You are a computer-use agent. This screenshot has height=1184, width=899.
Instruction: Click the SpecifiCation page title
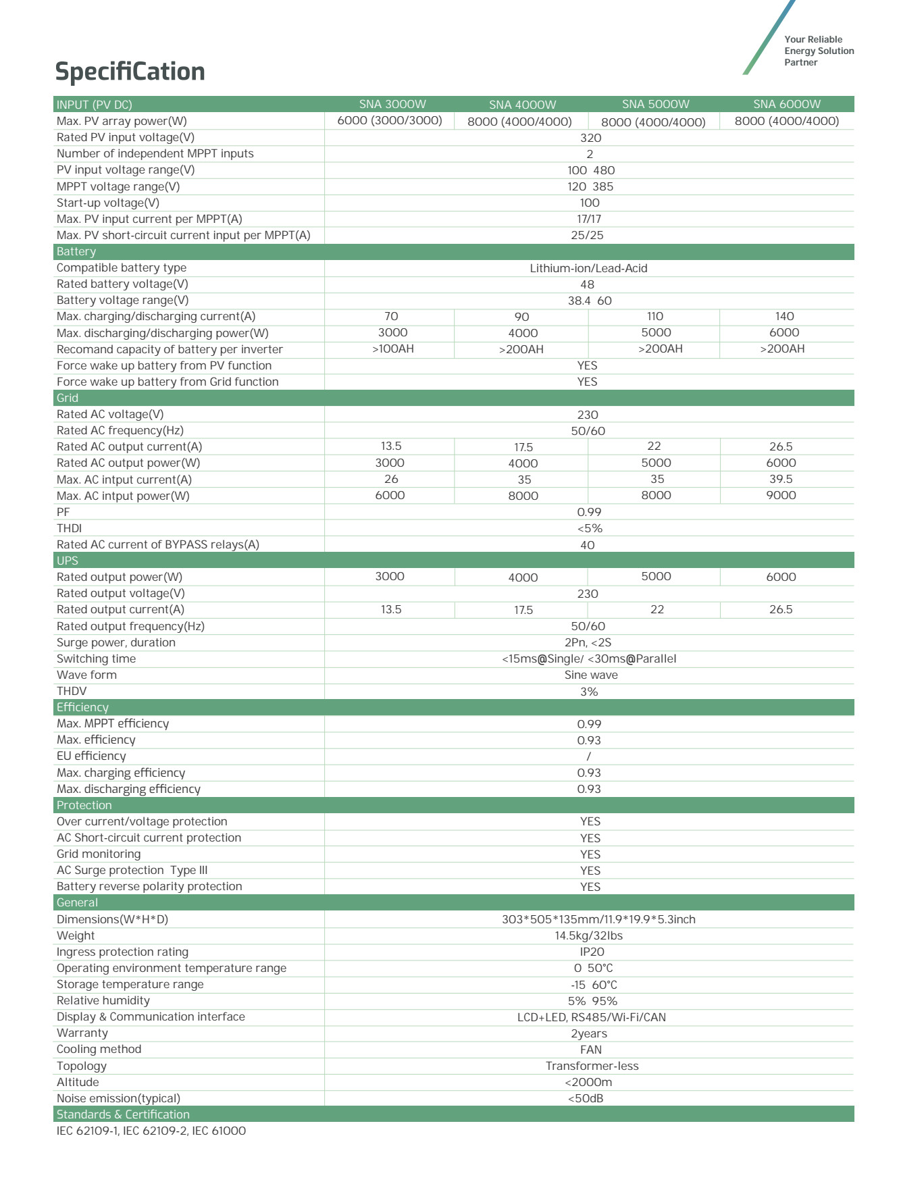[x=130, y=72]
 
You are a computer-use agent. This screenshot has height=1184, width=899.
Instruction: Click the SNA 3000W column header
[x=392, y=104]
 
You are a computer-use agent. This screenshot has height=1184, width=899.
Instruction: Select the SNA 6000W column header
[x=787, y=104]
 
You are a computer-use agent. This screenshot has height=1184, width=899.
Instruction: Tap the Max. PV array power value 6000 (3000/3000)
[x=390, y=121]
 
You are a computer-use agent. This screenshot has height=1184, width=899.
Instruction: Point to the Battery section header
[x=76, y=252]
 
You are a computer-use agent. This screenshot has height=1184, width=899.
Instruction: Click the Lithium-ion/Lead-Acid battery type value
[x=588, y=268]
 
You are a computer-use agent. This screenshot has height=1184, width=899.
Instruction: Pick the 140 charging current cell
[x=784, y=317]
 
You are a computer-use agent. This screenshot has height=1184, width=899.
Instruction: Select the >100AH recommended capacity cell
[x=392, y=349]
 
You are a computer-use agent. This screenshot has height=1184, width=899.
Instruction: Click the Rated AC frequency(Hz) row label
[x=120, y=431]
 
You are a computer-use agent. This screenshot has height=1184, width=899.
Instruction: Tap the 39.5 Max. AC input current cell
[x=781, y=480]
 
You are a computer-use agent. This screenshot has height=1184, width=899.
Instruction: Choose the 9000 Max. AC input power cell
[x=781, y=496]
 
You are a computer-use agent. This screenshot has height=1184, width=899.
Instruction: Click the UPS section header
[x=68, y=561]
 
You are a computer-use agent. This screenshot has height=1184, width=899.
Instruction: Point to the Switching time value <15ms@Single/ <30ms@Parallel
[x=588, y=659]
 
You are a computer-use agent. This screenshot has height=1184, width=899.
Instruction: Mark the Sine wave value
[x=591, y=675]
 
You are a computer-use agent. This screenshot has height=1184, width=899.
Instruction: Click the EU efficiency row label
[x=91, y=756]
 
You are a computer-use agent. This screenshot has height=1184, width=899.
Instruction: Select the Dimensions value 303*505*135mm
[x=598, y=920]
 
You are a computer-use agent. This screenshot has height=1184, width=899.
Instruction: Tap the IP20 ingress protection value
[x=592, y=952]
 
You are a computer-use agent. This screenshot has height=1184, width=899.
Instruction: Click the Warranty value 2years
[x=589, y=1034]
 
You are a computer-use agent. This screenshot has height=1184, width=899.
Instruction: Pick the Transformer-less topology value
[x=592, y=1066]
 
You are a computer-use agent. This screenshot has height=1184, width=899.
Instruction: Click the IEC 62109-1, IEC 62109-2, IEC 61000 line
[x=151, y=1131]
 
